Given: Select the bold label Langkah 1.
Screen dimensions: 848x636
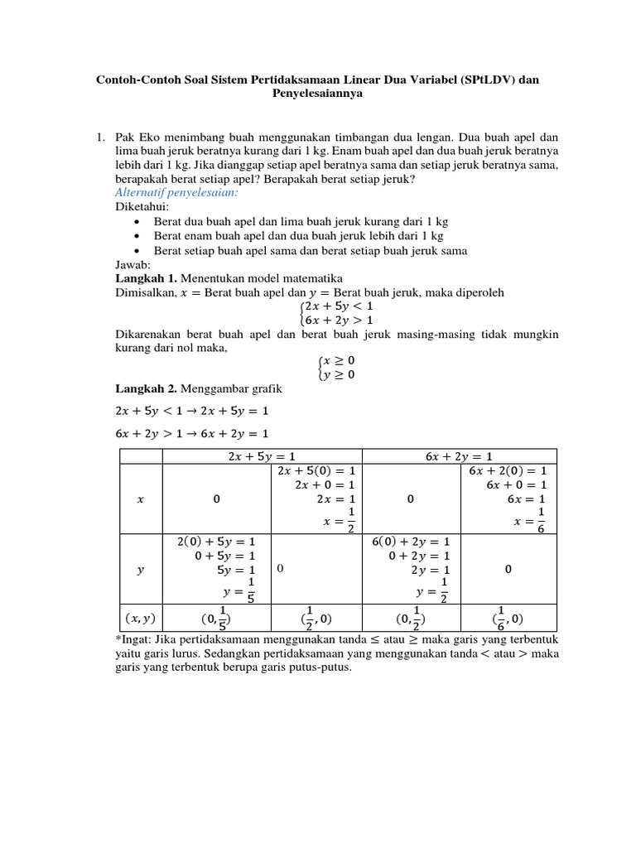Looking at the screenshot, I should [x=145, y=277].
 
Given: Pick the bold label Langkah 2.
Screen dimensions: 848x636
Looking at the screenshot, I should [x=145, y=389].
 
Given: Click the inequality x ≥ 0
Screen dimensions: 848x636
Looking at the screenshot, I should [x=338, y=360].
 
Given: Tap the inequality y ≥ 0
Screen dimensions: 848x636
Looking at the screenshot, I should [x=338, y=374].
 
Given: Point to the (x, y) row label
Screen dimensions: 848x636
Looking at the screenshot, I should [x=140, y=617].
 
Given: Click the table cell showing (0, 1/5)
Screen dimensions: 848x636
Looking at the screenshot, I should [x=215, y=617].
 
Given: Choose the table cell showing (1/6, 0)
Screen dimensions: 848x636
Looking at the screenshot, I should [x=507, y=617].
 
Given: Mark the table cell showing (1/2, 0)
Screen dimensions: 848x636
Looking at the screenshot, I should [x=312, y=617].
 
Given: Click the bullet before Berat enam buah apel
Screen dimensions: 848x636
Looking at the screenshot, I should [x=137, y=236].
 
